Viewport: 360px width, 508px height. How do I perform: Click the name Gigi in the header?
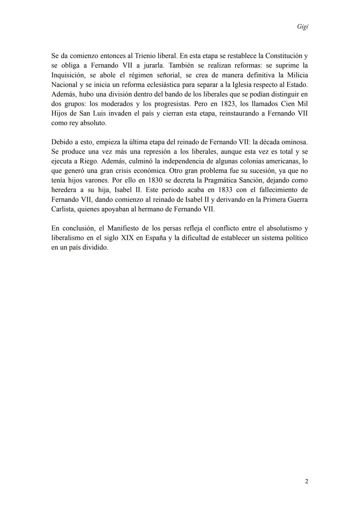click(x=302, y=27)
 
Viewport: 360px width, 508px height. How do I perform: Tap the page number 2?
click(x=306, y=481)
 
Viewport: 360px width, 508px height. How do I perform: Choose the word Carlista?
click(x=62, y=209)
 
